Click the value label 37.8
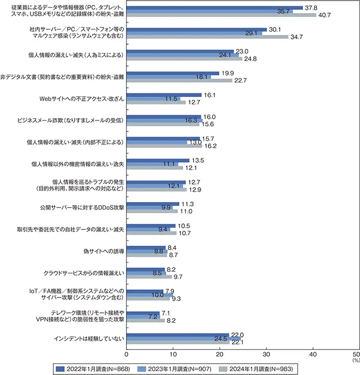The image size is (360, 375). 311,7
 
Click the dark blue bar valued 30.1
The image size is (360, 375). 196,29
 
